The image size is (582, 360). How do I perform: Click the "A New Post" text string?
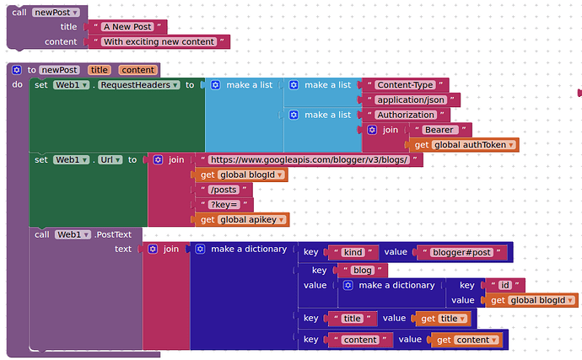pos(127,27)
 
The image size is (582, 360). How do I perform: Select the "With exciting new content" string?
pos(159,41)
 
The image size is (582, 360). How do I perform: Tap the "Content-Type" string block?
pos(406,85)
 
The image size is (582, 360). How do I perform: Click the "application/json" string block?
pos(411,99)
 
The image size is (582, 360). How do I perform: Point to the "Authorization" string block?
pos(406,115)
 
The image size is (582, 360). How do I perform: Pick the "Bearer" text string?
pos(439,130)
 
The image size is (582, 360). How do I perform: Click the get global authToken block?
pos(464,145)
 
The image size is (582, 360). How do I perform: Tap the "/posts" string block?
pos(224,190)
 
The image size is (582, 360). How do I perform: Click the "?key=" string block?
pos(224,205)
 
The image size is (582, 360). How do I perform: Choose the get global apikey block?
pos(242,220)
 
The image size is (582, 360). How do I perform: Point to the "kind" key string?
pos(353,252)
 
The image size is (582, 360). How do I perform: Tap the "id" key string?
pos(505,285)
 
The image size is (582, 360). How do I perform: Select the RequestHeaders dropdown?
pos(139,85)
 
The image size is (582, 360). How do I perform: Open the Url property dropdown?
pos(110,160)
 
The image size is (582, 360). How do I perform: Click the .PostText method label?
pos(113,234)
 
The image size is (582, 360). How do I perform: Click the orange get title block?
pos(443,319)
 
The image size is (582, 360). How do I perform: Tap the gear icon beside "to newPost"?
pos(17,70)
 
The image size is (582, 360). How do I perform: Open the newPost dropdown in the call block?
pos(56,13)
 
